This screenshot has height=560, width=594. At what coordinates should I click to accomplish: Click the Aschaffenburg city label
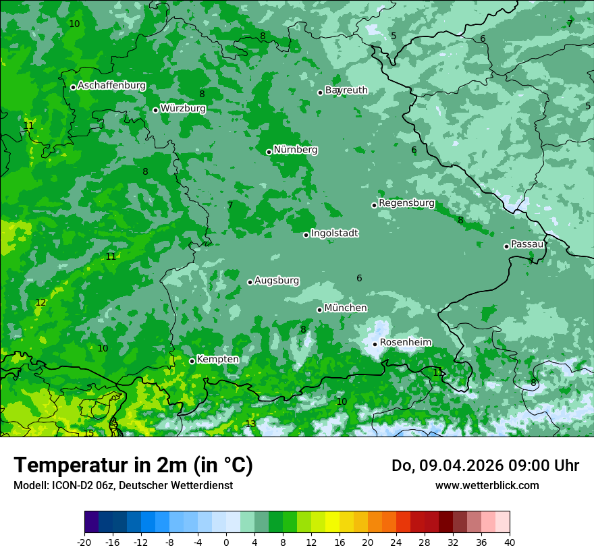coord(111,86)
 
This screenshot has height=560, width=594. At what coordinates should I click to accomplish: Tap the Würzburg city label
coord(183,109)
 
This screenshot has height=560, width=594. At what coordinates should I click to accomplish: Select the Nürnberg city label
coord(295,150)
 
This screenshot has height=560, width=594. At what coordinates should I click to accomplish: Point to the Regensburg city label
coord(406,203)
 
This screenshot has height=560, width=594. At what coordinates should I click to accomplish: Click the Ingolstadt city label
coord(334,233)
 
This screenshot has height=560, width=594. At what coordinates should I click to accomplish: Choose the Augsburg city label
coord(276,281)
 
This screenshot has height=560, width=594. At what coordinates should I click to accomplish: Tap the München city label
coord(346,308)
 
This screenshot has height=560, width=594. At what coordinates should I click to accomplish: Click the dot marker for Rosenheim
coord(375,344)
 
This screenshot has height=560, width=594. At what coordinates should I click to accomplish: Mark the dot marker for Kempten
coord(192,361)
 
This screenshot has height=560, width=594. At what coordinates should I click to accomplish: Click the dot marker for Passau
coord(506,246)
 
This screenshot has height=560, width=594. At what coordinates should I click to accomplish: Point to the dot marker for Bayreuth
coord(321,92)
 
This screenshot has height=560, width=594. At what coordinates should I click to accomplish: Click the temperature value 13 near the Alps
coord(250,424)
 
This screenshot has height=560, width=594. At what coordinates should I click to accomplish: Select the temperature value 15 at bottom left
coord(89,433)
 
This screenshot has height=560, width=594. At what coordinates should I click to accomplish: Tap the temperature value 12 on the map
coord(40,302)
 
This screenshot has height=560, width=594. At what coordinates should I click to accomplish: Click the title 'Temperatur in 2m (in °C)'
coord(133,466)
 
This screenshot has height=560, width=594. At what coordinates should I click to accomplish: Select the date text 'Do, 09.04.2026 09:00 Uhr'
coord(485,466)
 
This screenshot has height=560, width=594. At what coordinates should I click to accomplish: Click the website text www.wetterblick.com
coord(487,485)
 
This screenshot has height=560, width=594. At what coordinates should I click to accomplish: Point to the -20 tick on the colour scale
coord(84,542)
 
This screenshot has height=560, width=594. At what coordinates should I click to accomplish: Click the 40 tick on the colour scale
coord(510,542)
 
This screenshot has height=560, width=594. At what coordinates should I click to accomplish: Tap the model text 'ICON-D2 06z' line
coord(123,485)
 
